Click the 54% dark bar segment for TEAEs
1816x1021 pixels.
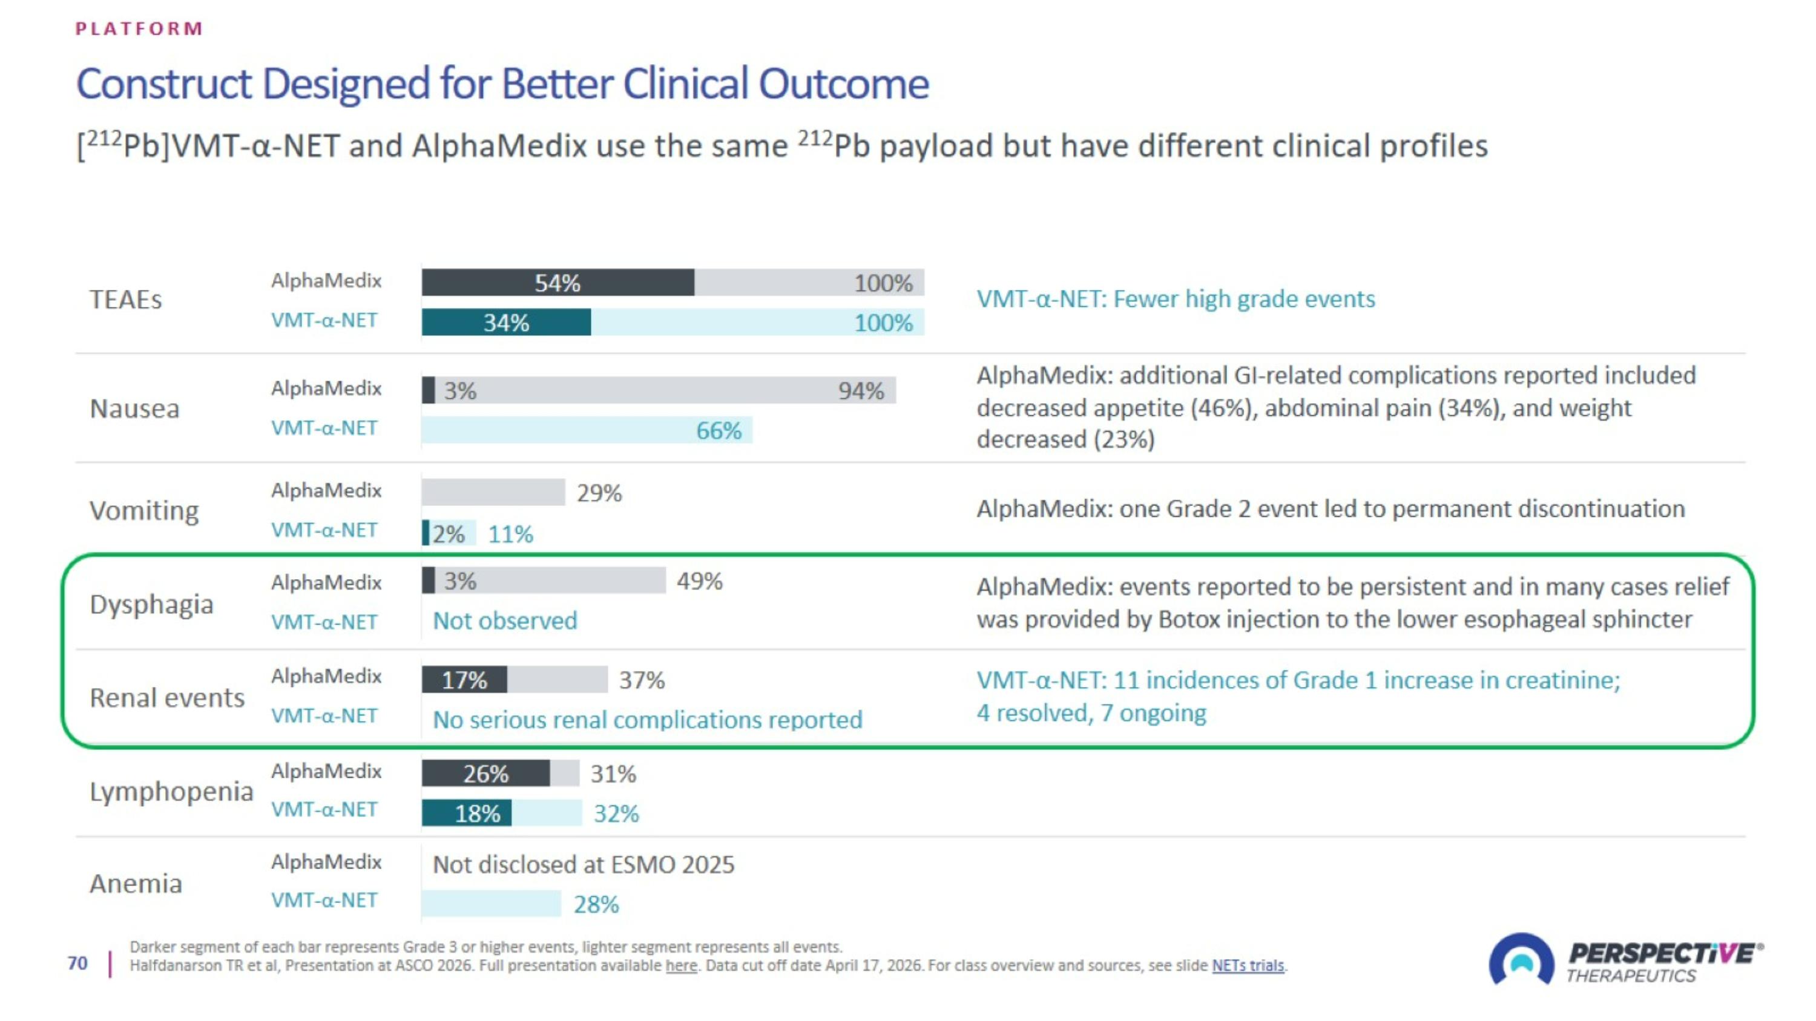(x=558, y=283)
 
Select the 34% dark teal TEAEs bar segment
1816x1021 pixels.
(x=506, y=322)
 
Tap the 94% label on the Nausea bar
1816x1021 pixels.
(x=861, y=390)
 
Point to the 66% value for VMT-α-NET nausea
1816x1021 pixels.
(x=719, y=430)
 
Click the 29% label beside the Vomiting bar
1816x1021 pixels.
(x=599, y=493)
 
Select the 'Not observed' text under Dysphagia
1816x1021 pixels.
(x=505, y=620)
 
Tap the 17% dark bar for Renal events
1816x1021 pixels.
(x=464, y=679)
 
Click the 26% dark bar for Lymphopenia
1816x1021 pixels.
(x=485, y=773)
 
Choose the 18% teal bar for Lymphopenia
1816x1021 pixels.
(x=467, y=812)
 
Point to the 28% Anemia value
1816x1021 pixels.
(x=596, y=904)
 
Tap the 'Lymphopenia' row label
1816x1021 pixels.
(x=171, y=791)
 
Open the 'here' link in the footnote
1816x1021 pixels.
(x=681, y=965)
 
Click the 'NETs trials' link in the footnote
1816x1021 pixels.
(x=1248, y=965)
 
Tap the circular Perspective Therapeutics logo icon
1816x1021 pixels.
(x=1521, y=958)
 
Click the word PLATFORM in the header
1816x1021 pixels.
(x=140, y=28)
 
